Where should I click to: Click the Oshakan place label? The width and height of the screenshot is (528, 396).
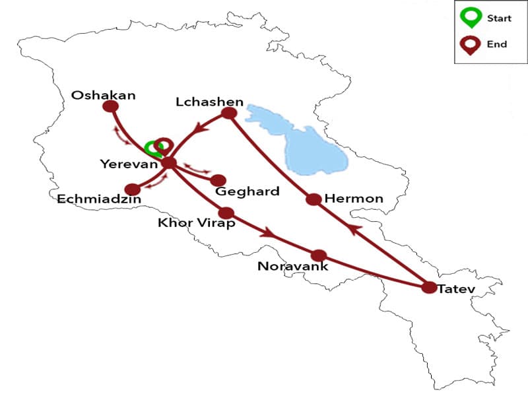click(x=104, y=96)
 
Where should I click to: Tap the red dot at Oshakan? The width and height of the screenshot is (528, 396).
click(x=111, y=106)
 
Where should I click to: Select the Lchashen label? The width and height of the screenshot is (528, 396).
click(x=210, y=102)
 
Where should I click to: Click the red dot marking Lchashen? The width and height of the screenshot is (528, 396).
click(x=229, y=113)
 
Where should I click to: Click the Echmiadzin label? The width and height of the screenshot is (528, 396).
click(x=95, y=197)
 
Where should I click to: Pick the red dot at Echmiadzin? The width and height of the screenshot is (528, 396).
click(x=133, y=189)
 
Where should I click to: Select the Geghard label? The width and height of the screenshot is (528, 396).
click(x=247, y=192)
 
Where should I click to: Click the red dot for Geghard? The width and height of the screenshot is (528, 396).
click(x=218, y=180)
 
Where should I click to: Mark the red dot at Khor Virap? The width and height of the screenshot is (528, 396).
click(x=226, y=213)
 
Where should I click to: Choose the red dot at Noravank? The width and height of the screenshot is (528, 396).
click(x=319, y=255)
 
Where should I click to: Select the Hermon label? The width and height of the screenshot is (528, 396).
click(x=354, y=198)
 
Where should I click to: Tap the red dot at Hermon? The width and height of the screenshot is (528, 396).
click(x=313, y=199)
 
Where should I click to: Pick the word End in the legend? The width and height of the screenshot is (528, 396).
click(x=497, y=44)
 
